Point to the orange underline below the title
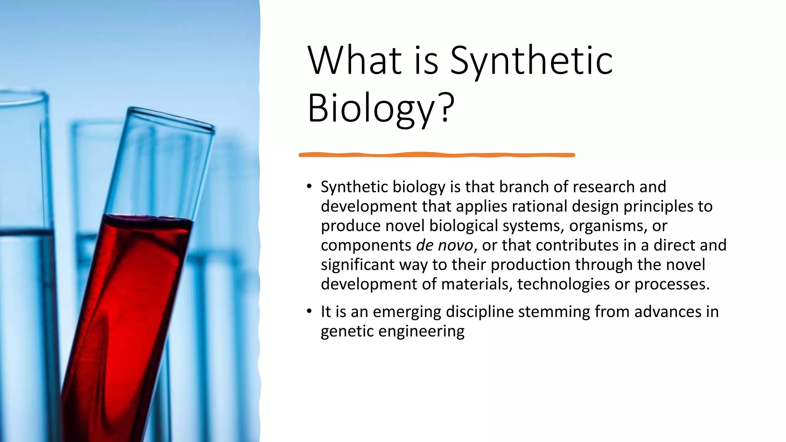[x=437, y=155]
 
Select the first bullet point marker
[x=309, y=187]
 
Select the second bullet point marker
[x=309, y=312]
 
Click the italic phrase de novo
[x=444, y=245]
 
